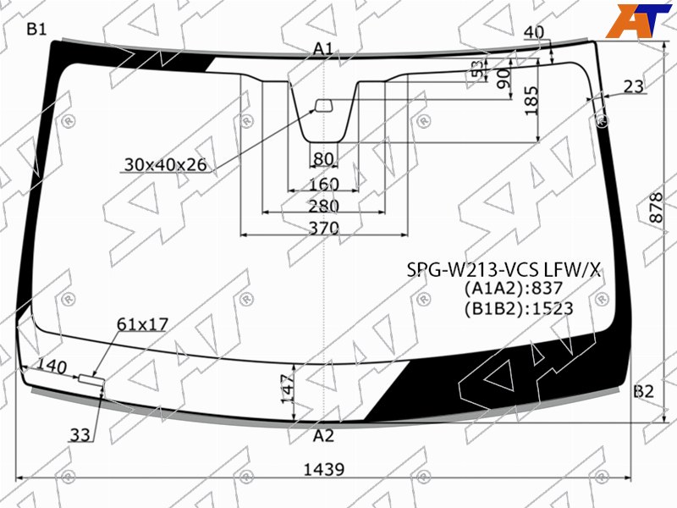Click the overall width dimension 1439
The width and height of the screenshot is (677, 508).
[x=324, y=469]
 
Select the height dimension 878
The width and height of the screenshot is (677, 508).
[x=656, y=207]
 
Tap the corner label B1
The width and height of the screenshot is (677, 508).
[x=36, y=29]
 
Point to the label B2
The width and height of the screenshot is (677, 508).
[x=643, y=391]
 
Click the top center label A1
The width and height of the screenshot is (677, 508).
[x=323, y=49]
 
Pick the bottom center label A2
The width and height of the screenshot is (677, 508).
[x=324, y=436]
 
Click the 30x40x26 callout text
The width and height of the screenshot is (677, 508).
[x=165, y=164]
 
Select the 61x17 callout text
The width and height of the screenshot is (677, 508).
[x=142, y=324]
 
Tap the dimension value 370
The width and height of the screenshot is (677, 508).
[x=324, y=228]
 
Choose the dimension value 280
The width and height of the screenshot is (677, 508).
[x=324, y=206]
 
